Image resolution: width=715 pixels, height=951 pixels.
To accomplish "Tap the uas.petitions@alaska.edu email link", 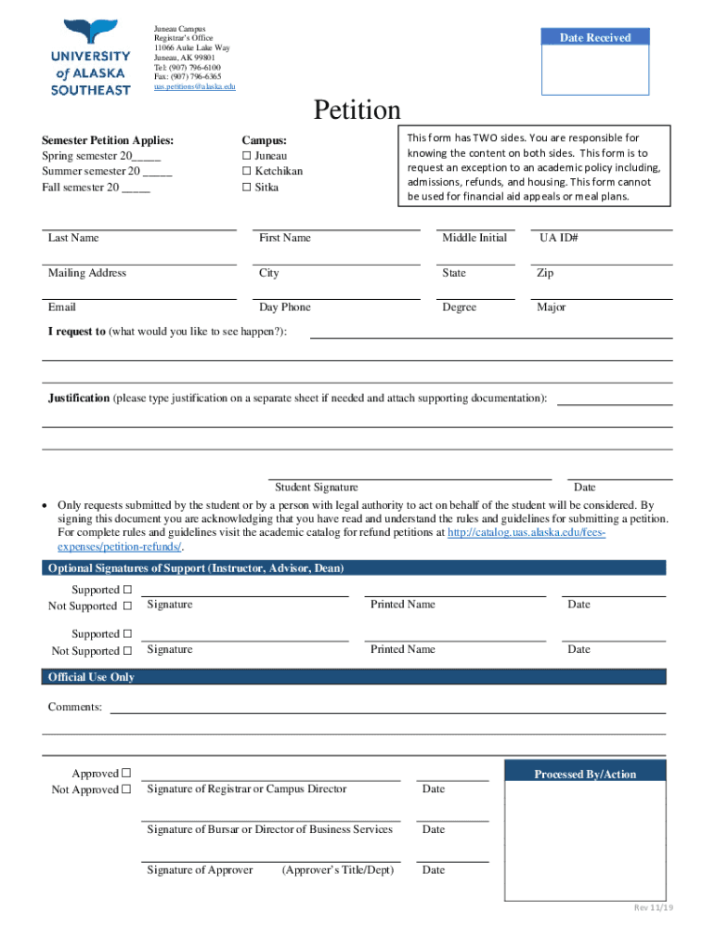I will coord(194,86).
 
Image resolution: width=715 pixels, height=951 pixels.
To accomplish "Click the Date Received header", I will coord(594,37).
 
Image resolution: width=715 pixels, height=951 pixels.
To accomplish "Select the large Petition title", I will coord(357,111).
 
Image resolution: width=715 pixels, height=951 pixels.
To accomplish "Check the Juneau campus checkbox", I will coord(247,156).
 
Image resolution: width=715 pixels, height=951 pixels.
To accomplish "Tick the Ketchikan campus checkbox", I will coord(247,172).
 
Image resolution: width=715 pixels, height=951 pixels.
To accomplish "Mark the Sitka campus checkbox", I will coord(247,188).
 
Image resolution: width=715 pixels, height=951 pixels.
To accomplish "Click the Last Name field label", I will coord(73,239).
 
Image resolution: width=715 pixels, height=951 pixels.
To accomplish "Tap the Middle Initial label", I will coord(474,239).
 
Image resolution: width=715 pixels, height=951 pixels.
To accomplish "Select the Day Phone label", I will coord(285,307).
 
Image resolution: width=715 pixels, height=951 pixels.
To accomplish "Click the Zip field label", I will coord(545,274).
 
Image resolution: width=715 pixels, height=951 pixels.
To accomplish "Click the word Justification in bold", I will coord(79,398).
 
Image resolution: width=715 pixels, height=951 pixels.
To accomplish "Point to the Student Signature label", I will coord(316,488).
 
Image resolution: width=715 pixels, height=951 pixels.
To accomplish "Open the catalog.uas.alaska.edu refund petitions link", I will coord(526,533).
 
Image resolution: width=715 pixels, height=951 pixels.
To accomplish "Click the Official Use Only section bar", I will coord(354,677).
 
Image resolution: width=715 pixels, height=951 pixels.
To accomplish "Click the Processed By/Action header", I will coord(585,775).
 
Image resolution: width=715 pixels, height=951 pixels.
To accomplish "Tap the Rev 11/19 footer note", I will coord(653,907).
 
